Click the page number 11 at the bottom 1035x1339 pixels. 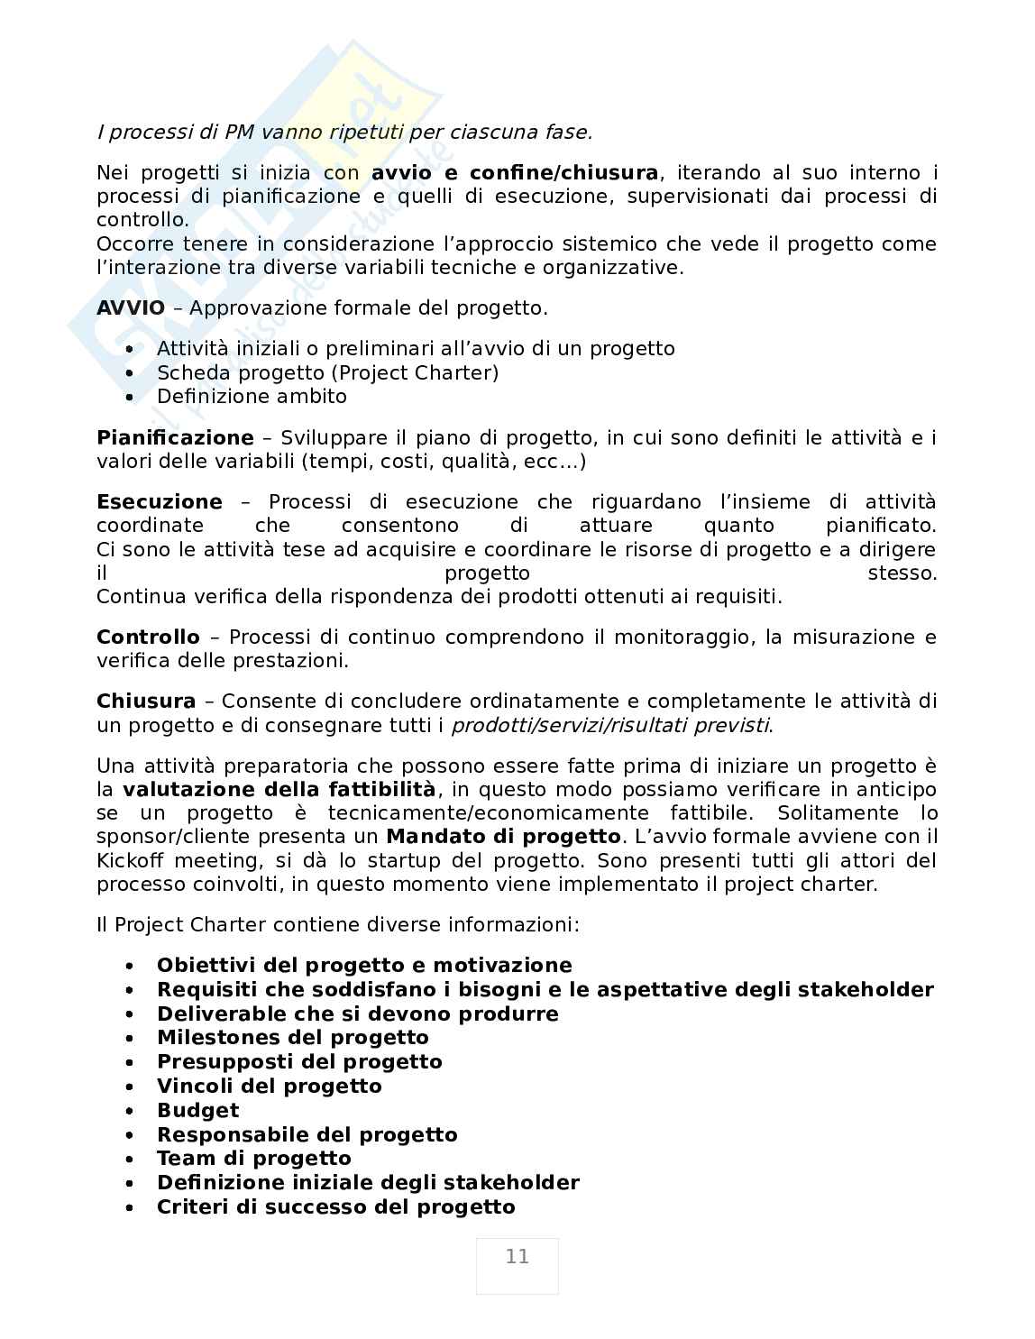(x=517, y=1257)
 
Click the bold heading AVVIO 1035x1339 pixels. (x=131, y=308)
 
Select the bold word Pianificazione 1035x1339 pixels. (x=175, y=438)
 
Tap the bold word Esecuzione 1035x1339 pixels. (x=159, y=502)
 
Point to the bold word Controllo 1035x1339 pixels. (x=148, y=637)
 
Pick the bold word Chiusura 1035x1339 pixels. (x=146, y=702)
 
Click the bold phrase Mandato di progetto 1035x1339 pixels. (x=503, y=837)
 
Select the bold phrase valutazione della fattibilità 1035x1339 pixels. (x=279, y=790)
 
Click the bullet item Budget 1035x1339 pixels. (x=197, y=1111)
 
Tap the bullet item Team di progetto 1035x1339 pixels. (x=253, y=1159)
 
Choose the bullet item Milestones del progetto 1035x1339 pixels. (x=292, y=1038)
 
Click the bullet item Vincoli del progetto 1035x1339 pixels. (x=269, y=1087)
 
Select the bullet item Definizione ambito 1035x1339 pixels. (x=252, y=397)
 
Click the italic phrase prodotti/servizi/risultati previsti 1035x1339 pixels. (x=610, y=726)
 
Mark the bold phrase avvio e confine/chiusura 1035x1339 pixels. (x=515, y=173)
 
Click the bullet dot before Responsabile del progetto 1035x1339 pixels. (x=131, y=1136)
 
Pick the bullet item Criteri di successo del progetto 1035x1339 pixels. (x=335, y=1207)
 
